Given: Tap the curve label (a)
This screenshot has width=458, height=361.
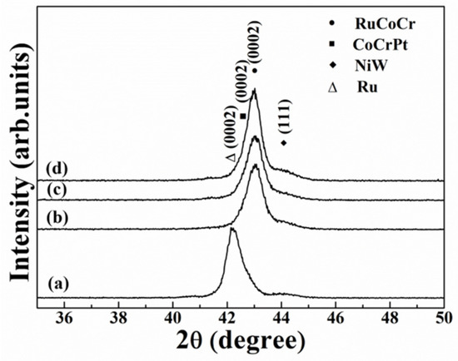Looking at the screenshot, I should click(58, 283).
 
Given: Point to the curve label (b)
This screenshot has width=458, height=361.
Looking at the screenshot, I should click(57, 218).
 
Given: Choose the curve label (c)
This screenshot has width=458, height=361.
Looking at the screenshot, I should click(57, 190).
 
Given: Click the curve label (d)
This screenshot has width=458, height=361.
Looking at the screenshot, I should click(57, 169).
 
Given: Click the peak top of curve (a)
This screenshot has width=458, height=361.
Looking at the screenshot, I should click(231, 229).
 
